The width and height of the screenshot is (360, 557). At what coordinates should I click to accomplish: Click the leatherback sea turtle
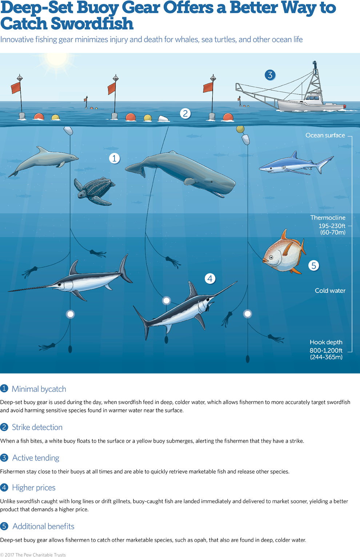[95, 191]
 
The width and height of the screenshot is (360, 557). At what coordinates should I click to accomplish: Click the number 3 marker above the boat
[270, 75]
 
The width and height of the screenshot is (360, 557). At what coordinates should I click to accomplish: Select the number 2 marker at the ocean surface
[185, 113]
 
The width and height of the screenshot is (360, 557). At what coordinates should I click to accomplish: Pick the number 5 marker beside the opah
[314, 266]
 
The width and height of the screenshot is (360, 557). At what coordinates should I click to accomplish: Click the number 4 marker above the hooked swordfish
[210, 278]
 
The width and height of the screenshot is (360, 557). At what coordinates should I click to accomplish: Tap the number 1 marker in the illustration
[115, 158]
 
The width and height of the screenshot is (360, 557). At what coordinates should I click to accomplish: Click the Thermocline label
[328, 218]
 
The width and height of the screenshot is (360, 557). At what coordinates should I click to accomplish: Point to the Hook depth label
[326, 342]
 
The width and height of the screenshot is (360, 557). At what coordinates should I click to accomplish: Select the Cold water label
[330, 290]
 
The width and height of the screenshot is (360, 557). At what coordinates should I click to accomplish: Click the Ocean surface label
[325, 135]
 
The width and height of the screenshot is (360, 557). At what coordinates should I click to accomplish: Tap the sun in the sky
[57, 60]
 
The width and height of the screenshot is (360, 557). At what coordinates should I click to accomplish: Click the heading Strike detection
[37, 427]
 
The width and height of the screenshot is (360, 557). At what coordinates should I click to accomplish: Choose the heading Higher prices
[34, 487]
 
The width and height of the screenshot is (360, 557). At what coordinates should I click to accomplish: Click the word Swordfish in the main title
[92, 24]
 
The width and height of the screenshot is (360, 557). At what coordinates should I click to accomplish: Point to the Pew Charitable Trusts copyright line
[33, 554]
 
